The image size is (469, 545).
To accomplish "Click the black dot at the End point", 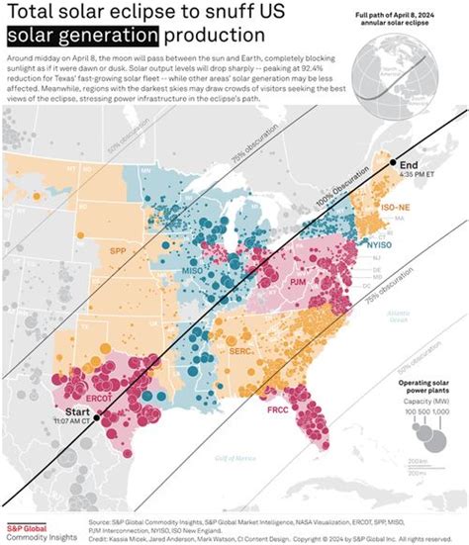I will point(393,162).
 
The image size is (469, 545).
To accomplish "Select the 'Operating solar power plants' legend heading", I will point(427,385).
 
